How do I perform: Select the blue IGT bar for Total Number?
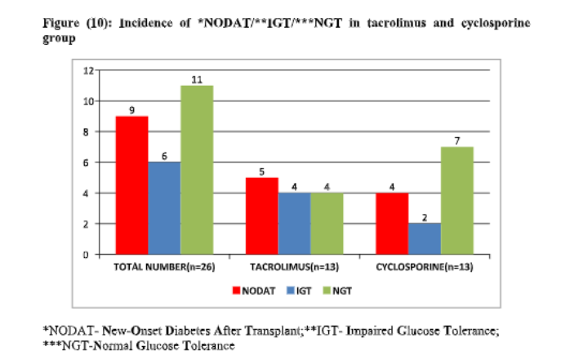164,208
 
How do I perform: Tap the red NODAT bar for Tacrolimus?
261,216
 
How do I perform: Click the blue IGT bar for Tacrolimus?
294,224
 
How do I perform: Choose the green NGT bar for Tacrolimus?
327,224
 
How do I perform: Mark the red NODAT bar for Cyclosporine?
391,224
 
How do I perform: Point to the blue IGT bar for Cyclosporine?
424,239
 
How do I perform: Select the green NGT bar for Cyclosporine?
456,201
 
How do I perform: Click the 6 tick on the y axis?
87,162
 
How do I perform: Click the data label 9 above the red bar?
131,109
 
